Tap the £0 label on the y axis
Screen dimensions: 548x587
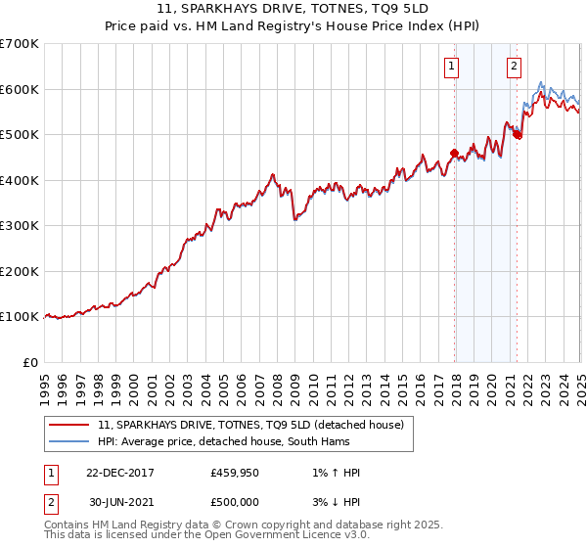(x=30, y=362)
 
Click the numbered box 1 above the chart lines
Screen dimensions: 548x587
(x=452, y=67)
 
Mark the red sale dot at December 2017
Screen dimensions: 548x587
(x=454, y=153)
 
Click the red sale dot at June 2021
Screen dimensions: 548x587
(x=517, y=135)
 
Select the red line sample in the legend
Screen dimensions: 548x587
(x=68, y=425)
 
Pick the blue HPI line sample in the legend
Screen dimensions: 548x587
(x=68, y=442)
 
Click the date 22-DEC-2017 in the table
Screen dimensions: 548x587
(x=127, y=473)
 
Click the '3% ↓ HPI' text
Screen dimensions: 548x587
(x=335, y=502)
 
